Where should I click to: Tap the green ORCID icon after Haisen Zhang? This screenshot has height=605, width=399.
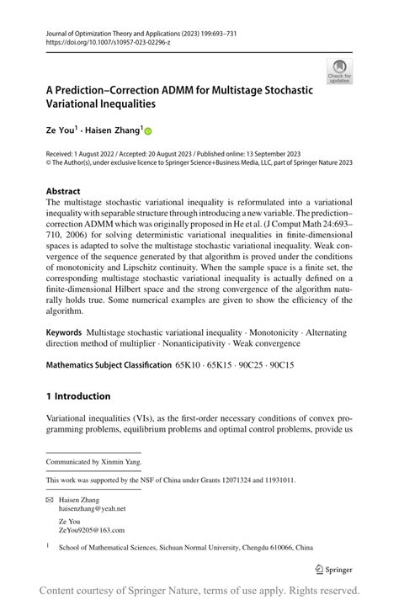pos(149,131)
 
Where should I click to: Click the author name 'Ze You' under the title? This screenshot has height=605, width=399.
pos(61,130)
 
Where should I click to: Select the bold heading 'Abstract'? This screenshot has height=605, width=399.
pos(63,191)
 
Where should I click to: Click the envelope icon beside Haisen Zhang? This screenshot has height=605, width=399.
pos(51,499)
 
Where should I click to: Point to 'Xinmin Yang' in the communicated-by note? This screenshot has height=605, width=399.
pos(121,462)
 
